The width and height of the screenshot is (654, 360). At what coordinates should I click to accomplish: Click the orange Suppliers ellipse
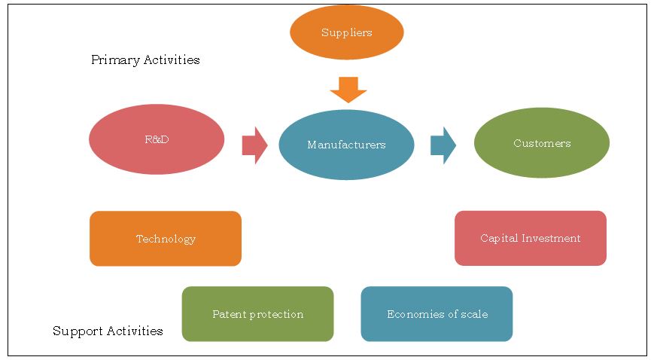click(x=346, y=32)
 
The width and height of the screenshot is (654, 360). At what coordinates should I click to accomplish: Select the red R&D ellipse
click(x=157, y=139)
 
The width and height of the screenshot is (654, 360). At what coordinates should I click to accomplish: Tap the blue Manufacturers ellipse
click(x=346, y=145)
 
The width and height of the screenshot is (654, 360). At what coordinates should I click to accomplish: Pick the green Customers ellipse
click(x=541, y=142)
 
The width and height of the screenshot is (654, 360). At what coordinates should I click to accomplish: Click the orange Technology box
click(x=166, y=239)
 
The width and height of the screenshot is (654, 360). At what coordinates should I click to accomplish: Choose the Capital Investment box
click(x=530, y=238)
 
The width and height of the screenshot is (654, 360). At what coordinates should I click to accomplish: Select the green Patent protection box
click(x=257, y=314)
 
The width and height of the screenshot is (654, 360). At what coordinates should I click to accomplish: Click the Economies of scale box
click(x=437, y=314)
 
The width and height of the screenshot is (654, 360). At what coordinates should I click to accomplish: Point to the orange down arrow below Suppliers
click(x=348, y=90)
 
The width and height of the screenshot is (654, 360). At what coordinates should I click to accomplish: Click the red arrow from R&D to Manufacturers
click(x=255, y=145)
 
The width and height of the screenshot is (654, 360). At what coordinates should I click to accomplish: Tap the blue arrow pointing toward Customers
click(x=443, y=145)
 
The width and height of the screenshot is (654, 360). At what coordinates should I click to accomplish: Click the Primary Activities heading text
click(x=145, y=59)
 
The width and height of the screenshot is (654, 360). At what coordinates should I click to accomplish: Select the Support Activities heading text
click(x=108, y=331)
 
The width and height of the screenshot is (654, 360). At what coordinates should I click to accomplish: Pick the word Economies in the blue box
click(x=412, y=314)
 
